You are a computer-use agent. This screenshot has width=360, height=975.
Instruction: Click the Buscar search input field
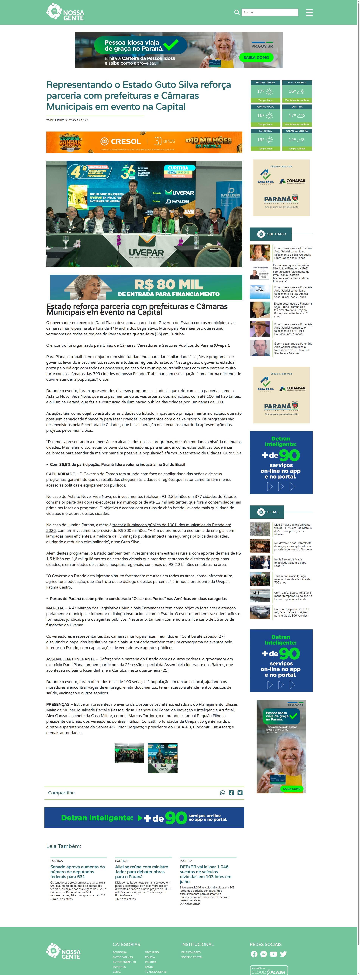269,12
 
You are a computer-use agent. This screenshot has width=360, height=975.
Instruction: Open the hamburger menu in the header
309,12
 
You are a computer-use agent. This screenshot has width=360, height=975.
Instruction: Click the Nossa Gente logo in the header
65,12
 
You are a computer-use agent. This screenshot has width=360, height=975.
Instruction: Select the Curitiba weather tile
297,115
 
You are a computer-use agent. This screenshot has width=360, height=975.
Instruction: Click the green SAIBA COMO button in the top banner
256,57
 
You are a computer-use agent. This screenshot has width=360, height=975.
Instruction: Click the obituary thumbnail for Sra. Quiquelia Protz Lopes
260,253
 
